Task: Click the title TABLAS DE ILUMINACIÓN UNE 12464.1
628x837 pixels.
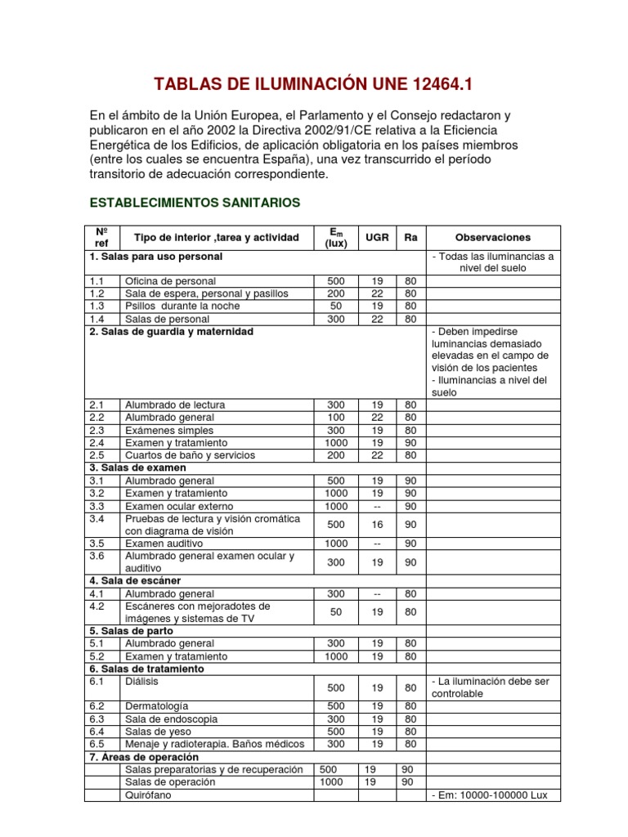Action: pyautogui.click(x=314, y=84)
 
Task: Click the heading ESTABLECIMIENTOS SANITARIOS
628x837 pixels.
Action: pyautogui.click(x=195, y=202)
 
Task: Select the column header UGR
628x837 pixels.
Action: pyautogui.click(x=377, y=237)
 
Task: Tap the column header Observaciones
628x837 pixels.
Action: pyautogui.click(x=492, y=237)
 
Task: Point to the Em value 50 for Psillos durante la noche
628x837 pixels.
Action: pyautogui.click(x=336, y=306)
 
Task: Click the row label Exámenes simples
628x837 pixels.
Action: pyautogui.click(x=169, y=430)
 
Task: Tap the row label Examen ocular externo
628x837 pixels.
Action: pyautogui.click(x=179, y=506)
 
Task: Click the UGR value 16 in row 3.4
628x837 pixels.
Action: pyautogui.click(x=377, y=524)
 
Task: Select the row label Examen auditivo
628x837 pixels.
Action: pyautogui.click(x=164, y=543)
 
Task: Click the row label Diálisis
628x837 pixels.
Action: pyautogui.click(x=141, y=681)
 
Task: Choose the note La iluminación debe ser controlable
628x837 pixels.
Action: pyautogui.click(x=492, y=687)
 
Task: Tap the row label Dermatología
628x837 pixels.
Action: pyautogui.click(x=156, y=705)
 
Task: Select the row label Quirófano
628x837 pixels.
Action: pyautogui.click(x=148, y=795)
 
